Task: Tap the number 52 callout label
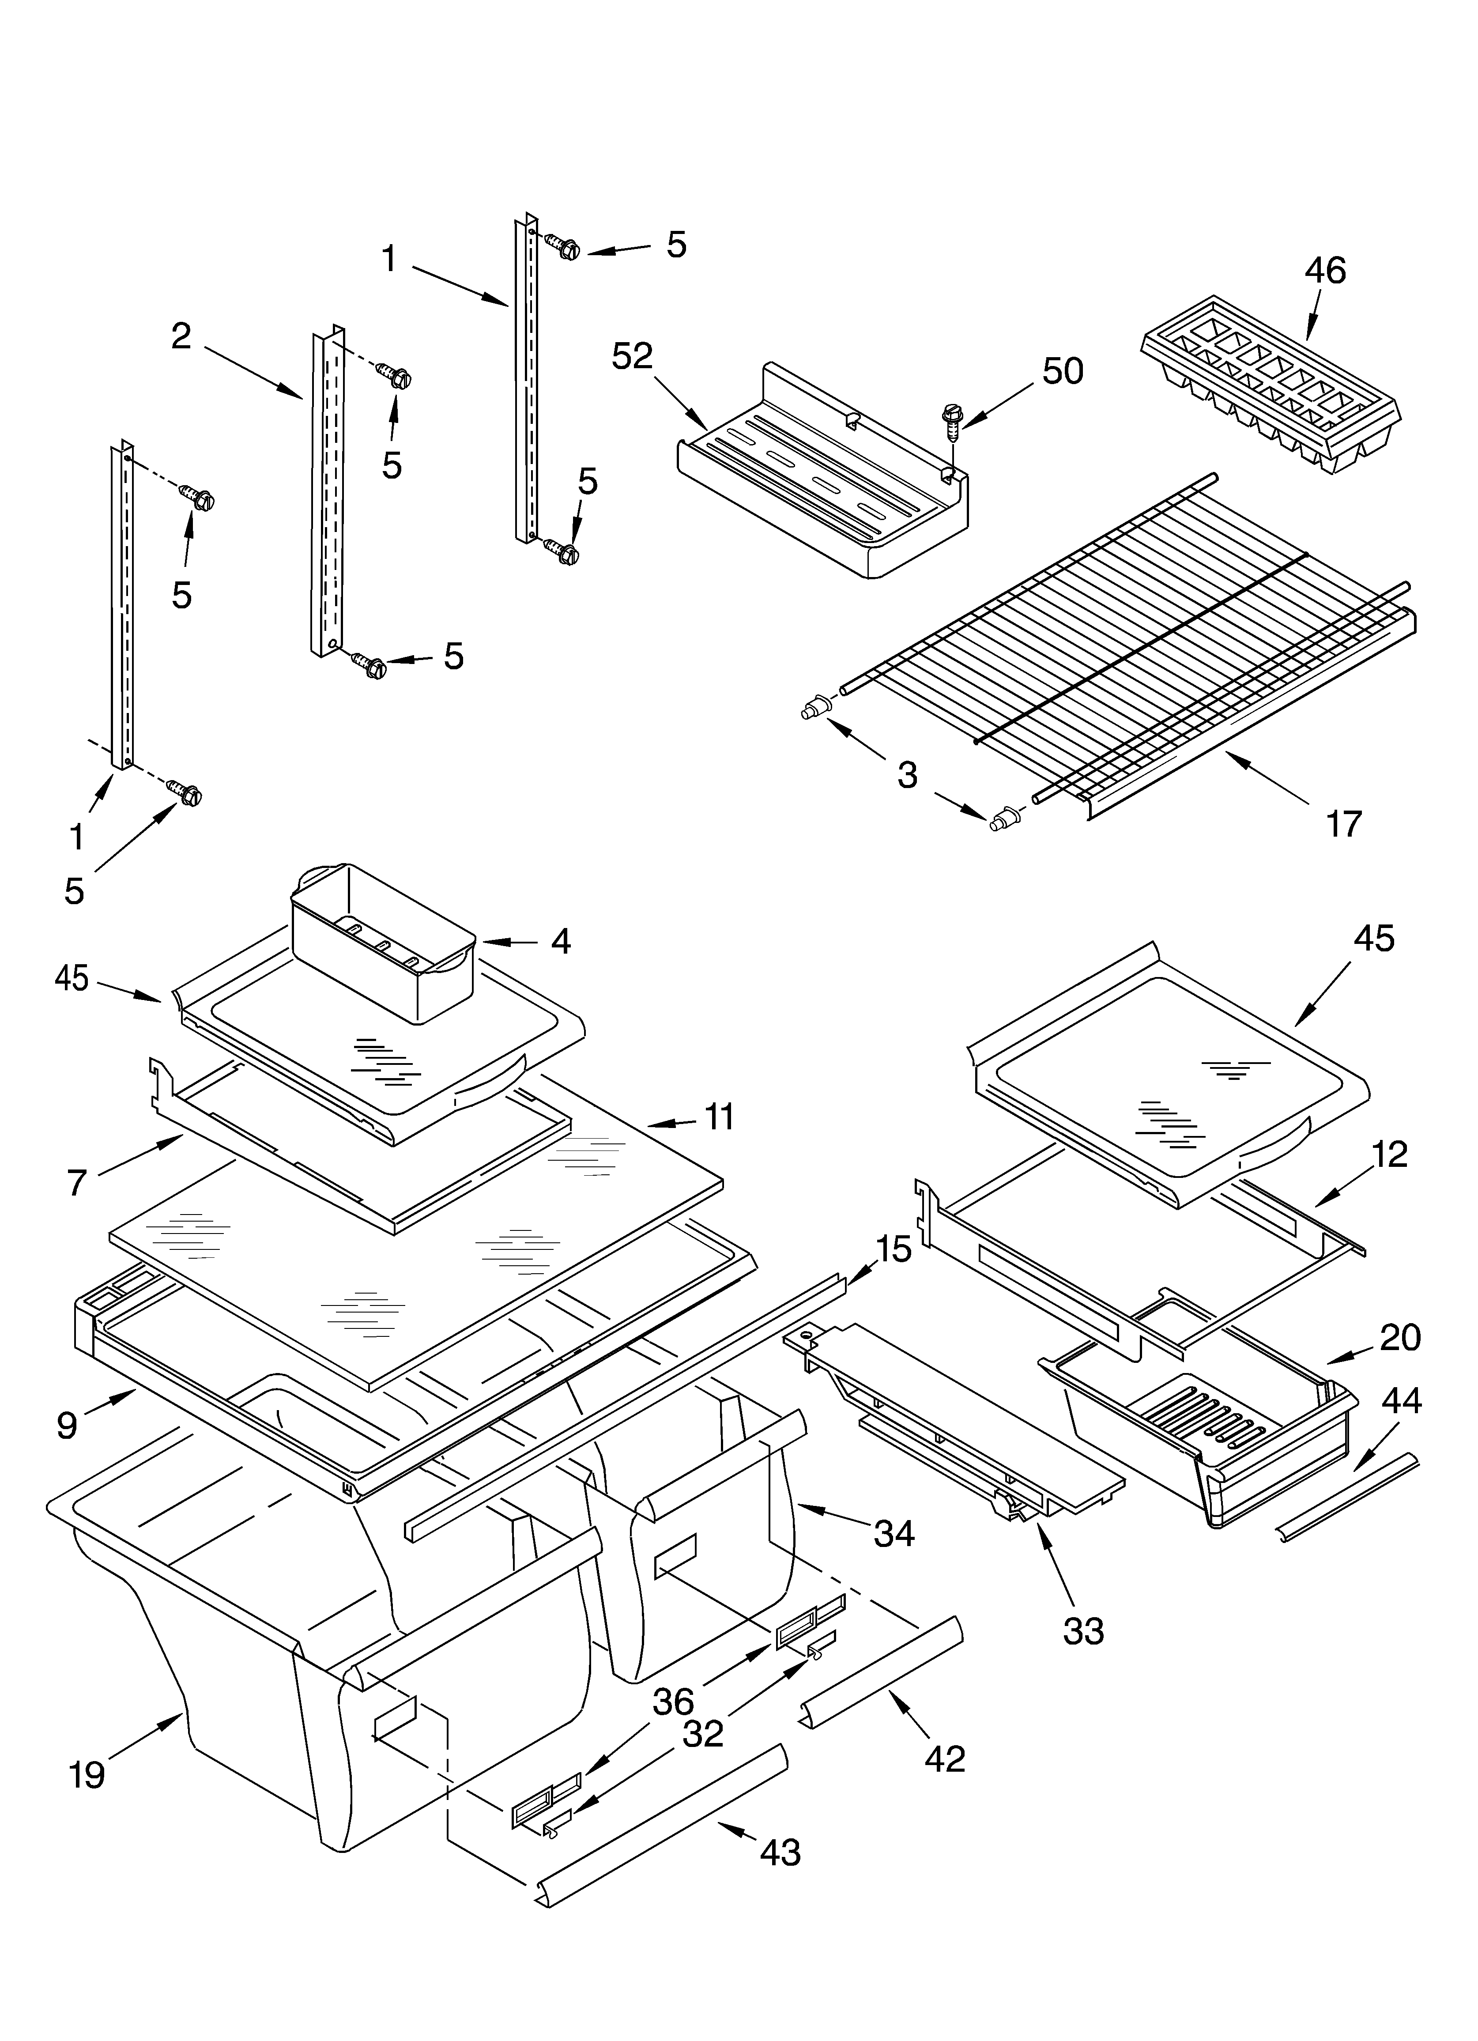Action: pyautogui.click(x=632, y=356)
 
